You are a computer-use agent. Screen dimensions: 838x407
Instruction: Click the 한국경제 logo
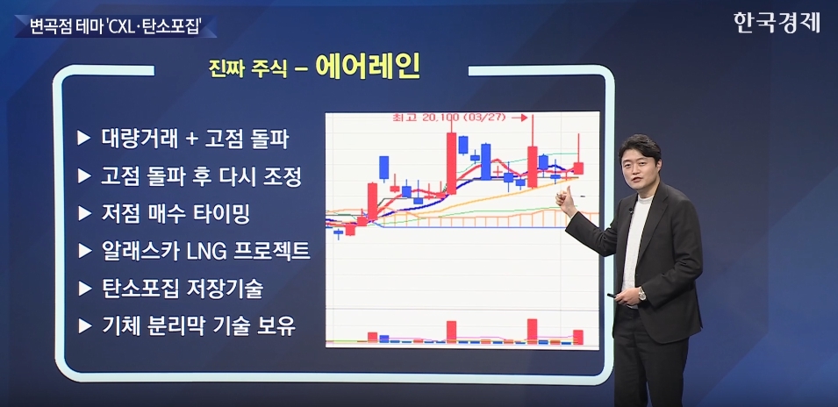pyautogui.click(x=777, y=22)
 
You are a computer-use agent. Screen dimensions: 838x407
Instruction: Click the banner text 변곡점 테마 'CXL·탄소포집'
pyautogui.click(x=112, y=26)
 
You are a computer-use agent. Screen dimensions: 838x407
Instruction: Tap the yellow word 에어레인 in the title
pyautogui.click(x=367, y=67)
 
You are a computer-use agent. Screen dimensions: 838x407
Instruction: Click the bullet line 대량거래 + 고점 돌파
pyautogui.click(x=195, y=139)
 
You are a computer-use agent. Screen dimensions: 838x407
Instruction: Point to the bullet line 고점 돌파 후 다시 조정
pyautogui.click(x=201, y=175)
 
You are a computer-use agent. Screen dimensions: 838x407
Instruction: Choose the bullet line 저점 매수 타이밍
pyautogui.click(x=175, y=213)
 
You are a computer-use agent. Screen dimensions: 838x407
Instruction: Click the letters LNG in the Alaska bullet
pyautogui.click(x=205, y=251)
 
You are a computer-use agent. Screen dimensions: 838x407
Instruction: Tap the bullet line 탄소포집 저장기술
pyautogui.click(x=182, y=289)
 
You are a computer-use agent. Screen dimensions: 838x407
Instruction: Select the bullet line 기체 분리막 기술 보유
pyautogui.click(x=198, y=325)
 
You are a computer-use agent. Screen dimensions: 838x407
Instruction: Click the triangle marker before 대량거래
pyautogui.click(x=84, y=139)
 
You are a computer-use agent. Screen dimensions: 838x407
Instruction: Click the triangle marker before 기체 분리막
pyautogui.click(x=84, y=325)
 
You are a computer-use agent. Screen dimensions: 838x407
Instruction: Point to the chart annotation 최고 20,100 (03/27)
pyautogui.click(x=449, y=117)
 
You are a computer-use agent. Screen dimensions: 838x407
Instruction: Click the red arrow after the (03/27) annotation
pyautogui.click(x=519, y=117)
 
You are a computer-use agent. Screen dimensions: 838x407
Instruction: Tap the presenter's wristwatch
pyautogui.click(x=642, y=294)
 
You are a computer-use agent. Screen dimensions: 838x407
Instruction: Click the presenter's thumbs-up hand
pyautogui.click(x=564, y=202)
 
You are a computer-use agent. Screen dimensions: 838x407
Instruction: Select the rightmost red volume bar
pyautogui.click(x=578, y=337)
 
